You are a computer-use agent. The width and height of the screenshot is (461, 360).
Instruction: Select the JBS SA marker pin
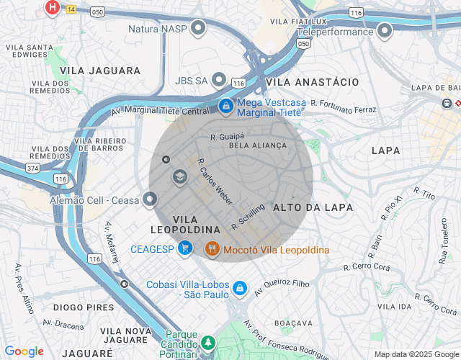220,80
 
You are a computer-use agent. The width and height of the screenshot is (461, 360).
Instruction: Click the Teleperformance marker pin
384,30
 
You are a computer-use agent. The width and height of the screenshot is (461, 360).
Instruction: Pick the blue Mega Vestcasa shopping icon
226,107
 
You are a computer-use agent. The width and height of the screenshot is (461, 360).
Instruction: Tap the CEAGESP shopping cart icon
186,249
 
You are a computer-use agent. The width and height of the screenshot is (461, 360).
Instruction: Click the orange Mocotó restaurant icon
212,249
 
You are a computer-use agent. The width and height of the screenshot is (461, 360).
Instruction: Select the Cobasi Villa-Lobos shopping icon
240,289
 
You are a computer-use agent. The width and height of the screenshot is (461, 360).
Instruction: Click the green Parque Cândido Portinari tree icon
208,342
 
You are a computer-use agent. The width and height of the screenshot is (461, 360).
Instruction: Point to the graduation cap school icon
179,176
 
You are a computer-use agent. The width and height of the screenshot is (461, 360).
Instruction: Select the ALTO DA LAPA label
313,207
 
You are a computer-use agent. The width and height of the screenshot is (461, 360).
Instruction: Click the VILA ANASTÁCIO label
312,83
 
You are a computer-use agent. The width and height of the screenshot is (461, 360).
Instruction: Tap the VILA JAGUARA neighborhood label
100,71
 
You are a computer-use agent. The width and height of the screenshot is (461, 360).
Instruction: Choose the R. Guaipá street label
228,135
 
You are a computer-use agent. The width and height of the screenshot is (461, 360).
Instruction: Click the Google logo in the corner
24,351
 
